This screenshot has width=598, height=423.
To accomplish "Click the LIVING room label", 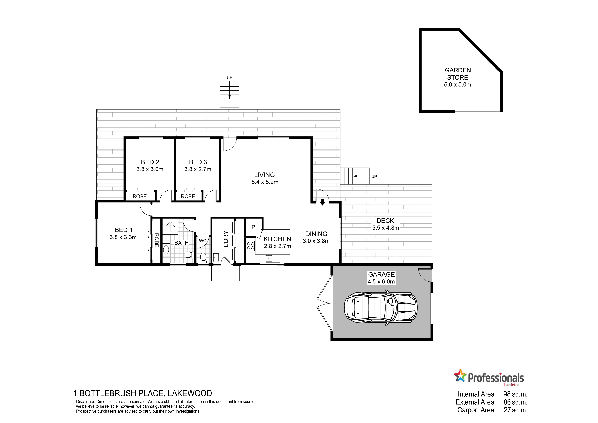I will click(264, 175).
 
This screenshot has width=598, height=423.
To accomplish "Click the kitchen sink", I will click(272, 259).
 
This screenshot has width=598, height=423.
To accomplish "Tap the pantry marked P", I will click(253, 227).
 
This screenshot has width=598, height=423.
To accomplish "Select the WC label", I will click(202, 241).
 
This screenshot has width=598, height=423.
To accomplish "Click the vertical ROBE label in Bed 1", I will click(157, 240).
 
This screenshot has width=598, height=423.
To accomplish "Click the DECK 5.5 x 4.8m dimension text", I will click(386, 228).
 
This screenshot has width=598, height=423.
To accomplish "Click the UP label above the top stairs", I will click(229, 78).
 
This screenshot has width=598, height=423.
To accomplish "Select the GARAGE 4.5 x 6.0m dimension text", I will click(381, 282).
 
